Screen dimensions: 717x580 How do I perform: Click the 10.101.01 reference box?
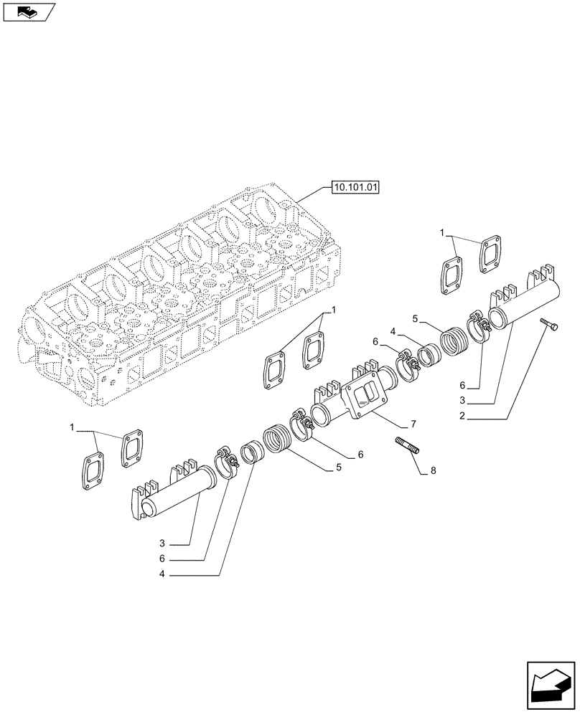[355, 188]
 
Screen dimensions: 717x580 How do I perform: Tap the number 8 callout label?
[432, 470]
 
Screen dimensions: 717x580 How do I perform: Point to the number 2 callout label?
[463, 416]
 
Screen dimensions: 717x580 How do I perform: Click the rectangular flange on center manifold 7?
[366, 399]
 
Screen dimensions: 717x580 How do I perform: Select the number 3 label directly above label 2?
[463, 400]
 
